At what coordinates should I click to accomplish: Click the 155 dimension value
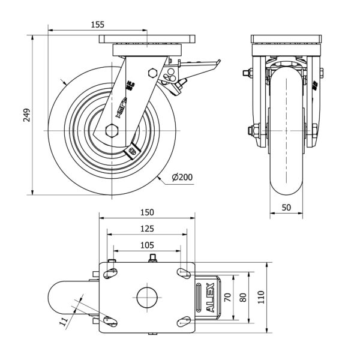[98, 25]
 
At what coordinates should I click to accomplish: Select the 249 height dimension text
[27, 115]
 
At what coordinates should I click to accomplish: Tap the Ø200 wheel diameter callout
[182, 178]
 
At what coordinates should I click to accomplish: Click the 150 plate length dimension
[148, 212]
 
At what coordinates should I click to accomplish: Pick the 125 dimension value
[148, 229]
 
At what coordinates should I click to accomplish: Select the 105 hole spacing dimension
[148, 245]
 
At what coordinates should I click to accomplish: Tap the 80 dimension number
[242, 296]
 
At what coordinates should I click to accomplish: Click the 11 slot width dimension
[64, 323]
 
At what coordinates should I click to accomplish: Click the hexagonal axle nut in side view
[111, 131]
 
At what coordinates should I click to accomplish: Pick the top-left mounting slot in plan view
[111, 274]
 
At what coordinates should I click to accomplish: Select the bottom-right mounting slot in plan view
[183, 322]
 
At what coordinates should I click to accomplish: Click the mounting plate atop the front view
[286, 40]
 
